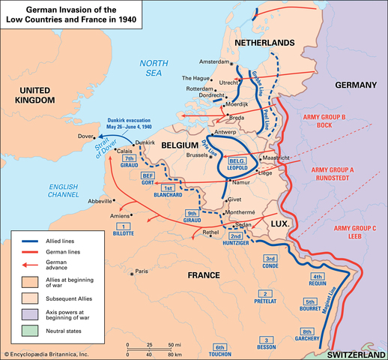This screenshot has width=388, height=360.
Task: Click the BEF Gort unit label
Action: [x=147, y=179]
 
